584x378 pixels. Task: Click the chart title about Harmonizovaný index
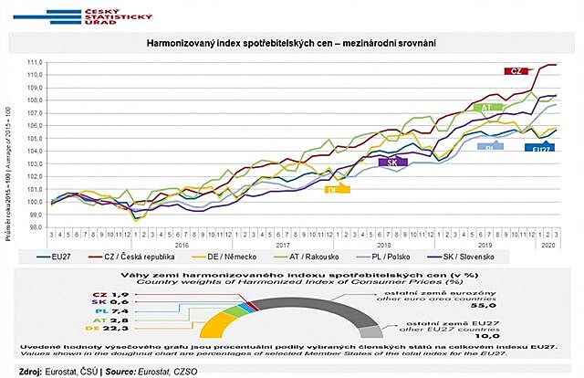(x=291, y=43)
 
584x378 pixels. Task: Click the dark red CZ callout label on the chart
(x=516, y=70)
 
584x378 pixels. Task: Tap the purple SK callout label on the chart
(x=391, y=162)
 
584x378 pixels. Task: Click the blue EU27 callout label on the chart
(x=542, y=147)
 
